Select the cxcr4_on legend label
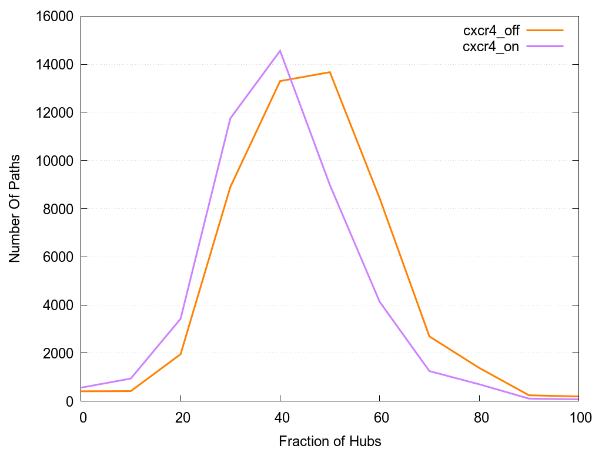pyautogui.click(x=491, y=47)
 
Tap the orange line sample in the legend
pyautogui.click(x=545, y=30)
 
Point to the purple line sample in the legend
pyautogui.click(x=545, y=46)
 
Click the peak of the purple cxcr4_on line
pyautogui.click(x=280, y=51)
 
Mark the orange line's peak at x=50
pyautogui.click(x=330, y=72)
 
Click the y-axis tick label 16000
pyautogui.click(x=52, y=16)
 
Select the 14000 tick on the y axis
pyautogui.click(x=52, y=64)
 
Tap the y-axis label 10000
pyautogui.click(x=52, y=161)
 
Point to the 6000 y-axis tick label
pyautogui.click(x=56, y=257)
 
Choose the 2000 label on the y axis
pyautogui.click(x=56, y=353)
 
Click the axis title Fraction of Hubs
pyautogui.click(x=330, y=441)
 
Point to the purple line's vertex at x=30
pyautogui.click(x=230, y=118)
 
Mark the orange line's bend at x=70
pyautogui.click(x=430, y=336)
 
